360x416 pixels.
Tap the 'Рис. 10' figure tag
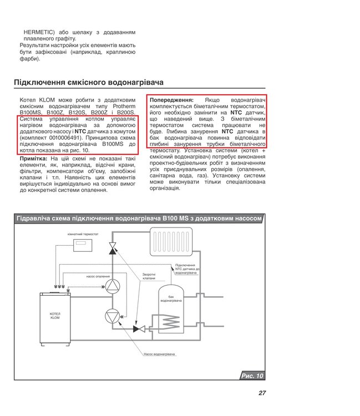coord(252,376)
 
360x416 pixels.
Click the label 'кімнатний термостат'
coord(83,235)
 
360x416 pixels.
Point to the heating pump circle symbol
coord(113,286)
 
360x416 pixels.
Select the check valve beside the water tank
coord(139,329)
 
